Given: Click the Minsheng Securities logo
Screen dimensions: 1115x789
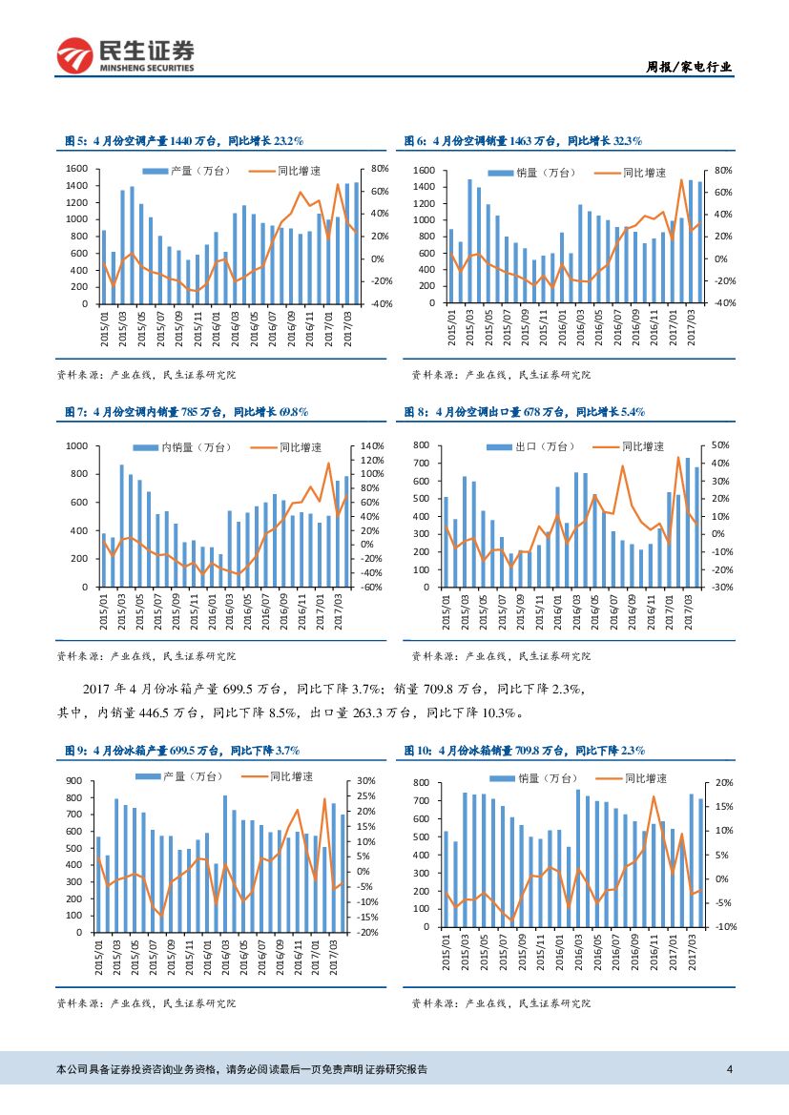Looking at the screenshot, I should (x=125, y=55).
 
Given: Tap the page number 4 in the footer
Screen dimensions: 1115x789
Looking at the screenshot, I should (x=729, y=1069).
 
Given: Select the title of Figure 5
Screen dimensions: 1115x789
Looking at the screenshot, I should (x=184, y=141).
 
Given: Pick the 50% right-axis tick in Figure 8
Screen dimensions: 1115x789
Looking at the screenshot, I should (x=720, y=446).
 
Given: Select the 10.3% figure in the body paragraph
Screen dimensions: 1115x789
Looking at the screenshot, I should (x=498, y=712).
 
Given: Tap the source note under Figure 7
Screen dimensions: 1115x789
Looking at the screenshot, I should (x=147, y=656).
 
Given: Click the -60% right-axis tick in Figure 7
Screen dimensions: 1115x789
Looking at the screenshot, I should (x=371, y=587).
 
